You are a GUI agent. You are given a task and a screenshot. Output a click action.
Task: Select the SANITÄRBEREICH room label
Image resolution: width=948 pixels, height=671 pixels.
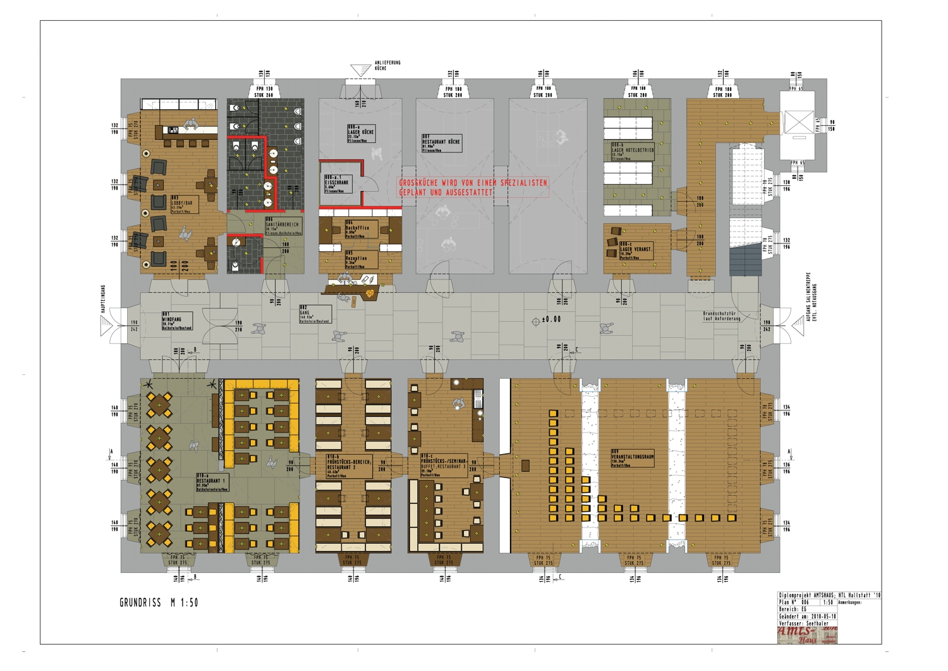[283, 226]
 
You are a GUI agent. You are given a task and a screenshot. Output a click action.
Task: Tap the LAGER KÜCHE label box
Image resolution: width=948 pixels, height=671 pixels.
[361, 133]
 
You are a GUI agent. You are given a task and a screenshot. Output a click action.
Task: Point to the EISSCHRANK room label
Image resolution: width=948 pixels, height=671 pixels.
[336, 183]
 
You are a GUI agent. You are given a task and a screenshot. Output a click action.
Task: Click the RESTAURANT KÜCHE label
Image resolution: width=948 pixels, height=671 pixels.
[441, 143]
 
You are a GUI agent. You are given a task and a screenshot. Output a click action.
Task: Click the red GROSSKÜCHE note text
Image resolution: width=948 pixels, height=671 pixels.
[473, 187]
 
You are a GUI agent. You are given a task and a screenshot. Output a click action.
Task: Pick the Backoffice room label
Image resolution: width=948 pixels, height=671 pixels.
[361, 229]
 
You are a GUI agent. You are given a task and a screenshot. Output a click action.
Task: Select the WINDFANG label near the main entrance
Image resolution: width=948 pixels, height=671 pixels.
[177, 321]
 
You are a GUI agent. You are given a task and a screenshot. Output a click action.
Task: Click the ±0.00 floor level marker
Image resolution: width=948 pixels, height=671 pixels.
[548, 320]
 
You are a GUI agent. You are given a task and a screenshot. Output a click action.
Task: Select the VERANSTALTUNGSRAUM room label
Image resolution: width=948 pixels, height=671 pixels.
[632, 458]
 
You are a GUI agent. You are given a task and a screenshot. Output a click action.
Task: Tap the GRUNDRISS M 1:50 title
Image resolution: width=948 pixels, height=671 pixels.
[159, 603]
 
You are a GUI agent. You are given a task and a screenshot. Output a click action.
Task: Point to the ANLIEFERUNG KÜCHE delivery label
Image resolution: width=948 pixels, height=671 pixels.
[387, 65]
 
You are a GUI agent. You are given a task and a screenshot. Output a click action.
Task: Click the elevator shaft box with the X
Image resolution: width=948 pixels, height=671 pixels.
[798, 122]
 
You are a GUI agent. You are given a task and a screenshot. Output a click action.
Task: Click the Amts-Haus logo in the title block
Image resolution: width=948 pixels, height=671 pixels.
[807, 635]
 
